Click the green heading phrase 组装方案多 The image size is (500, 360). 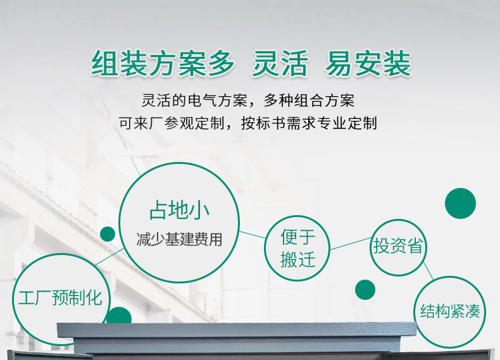coord(163,64)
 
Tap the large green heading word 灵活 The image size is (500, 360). coord(280,64)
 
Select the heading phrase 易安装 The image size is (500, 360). coord(368,64)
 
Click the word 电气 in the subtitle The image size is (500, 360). coord(195,101)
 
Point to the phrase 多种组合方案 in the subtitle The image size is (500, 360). coord(309,101)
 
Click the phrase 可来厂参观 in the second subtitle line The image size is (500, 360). coord(156,123)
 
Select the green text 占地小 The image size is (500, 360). coord(179,210)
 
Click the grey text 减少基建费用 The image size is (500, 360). coord(179,239)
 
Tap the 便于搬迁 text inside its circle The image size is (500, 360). coord(298,249)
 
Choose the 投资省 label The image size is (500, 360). coord(398,246)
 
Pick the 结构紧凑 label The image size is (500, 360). coord(450,311)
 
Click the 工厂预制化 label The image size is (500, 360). coord(60,298)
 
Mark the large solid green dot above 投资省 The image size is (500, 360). coord(460,204)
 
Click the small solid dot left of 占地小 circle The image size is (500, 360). coord(108,234)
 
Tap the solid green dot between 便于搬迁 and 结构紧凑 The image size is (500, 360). coord(365,290)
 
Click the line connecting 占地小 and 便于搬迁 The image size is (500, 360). coord(253,235)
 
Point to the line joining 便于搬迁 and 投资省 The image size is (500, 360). coord(351,244)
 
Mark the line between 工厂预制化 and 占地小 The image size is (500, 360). coord(109,257)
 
